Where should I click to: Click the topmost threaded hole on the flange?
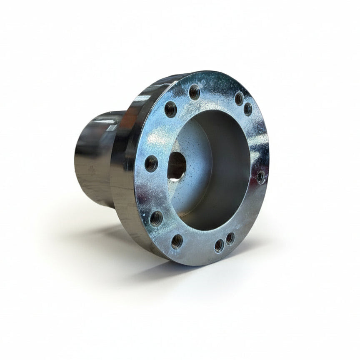pos(194,92)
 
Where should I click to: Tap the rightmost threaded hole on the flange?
pos(261,177)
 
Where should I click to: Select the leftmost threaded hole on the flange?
pos(151,163)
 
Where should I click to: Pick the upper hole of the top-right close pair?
pos(239,98)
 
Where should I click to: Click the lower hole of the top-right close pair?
pos(248,109)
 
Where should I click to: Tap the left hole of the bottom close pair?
pos(219,246)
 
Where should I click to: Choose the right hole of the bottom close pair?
pos(230,238)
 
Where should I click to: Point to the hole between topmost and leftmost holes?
pos(170,109)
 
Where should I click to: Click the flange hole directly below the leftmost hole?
pos(156,218)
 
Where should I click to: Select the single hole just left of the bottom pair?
pos(177,241)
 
